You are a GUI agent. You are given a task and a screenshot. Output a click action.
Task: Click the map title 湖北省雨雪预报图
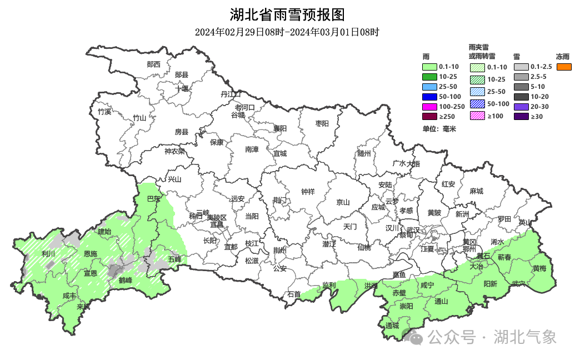(x=287, y=14)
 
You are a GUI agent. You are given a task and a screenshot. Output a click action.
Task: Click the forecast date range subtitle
(x=287, y=32)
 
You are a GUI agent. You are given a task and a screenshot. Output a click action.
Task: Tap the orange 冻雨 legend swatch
(x=564, y=67)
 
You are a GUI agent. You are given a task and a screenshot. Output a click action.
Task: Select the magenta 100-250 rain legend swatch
(x=430, y=107)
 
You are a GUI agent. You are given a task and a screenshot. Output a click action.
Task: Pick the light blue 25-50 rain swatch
(x=430, y=87)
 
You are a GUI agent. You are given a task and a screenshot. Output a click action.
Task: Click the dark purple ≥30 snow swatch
(x=521, y=117)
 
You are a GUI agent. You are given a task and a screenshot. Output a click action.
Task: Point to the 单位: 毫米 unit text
(x=439, y=129)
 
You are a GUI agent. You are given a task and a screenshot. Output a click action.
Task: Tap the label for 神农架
(x=174, y=151)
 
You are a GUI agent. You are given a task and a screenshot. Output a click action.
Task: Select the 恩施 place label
(x=90, y=254)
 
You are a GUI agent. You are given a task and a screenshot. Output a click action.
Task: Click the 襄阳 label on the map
(x=280, y=128)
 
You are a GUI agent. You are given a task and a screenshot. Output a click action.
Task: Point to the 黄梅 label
(x=539, y=268)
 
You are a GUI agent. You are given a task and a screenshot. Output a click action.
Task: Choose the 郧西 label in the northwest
(x=153, y=64)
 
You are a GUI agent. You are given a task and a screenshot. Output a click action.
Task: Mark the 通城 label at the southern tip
(x=392, y=326)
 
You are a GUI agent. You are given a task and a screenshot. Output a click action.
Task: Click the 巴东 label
(x=153, y=199)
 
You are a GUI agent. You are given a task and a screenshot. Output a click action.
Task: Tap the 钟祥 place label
(x=308, y=192)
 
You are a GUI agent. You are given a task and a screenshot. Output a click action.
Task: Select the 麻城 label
(x=476, y=191)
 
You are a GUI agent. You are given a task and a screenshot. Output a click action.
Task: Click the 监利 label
(x=329, y=285)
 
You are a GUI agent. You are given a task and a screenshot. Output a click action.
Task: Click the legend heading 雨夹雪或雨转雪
(x=481, y=52)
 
